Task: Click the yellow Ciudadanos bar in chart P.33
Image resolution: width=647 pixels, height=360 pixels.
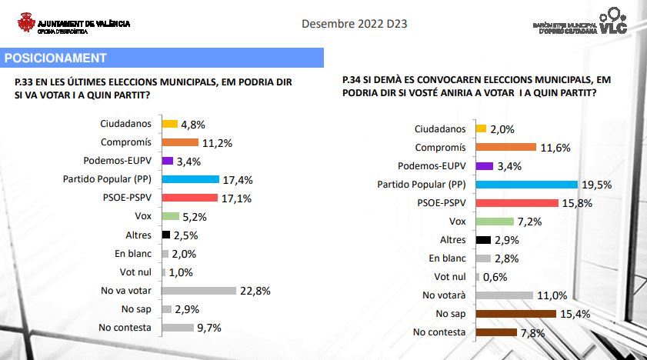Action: (169, 124)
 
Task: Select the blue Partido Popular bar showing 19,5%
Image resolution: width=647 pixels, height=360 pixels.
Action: (526, 185)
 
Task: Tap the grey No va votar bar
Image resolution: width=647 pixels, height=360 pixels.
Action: (198, 291)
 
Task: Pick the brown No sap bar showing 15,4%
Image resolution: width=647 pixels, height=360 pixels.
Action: (515, 314)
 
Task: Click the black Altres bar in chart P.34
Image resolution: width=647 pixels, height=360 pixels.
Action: (483, 240)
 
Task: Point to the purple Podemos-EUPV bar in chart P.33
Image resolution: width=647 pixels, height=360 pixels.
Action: (167, 161)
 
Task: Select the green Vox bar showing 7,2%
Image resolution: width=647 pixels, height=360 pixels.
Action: (494, 222)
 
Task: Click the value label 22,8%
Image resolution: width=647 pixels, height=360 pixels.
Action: (255, 291)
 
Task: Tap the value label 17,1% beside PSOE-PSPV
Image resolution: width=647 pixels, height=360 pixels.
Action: (237, 198)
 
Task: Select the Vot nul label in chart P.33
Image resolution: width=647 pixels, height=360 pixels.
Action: (135, 272)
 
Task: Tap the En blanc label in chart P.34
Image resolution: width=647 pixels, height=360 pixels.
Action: (447, 258)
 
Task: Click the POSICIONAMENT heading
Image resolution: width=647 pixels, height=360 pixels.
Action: (55, 58)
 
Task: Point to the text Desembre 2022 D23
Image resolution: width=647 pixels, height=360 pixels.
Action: (354, 24)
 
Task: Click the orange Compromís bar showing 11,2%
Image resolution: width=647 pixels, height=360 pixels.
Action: (189, 142)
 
